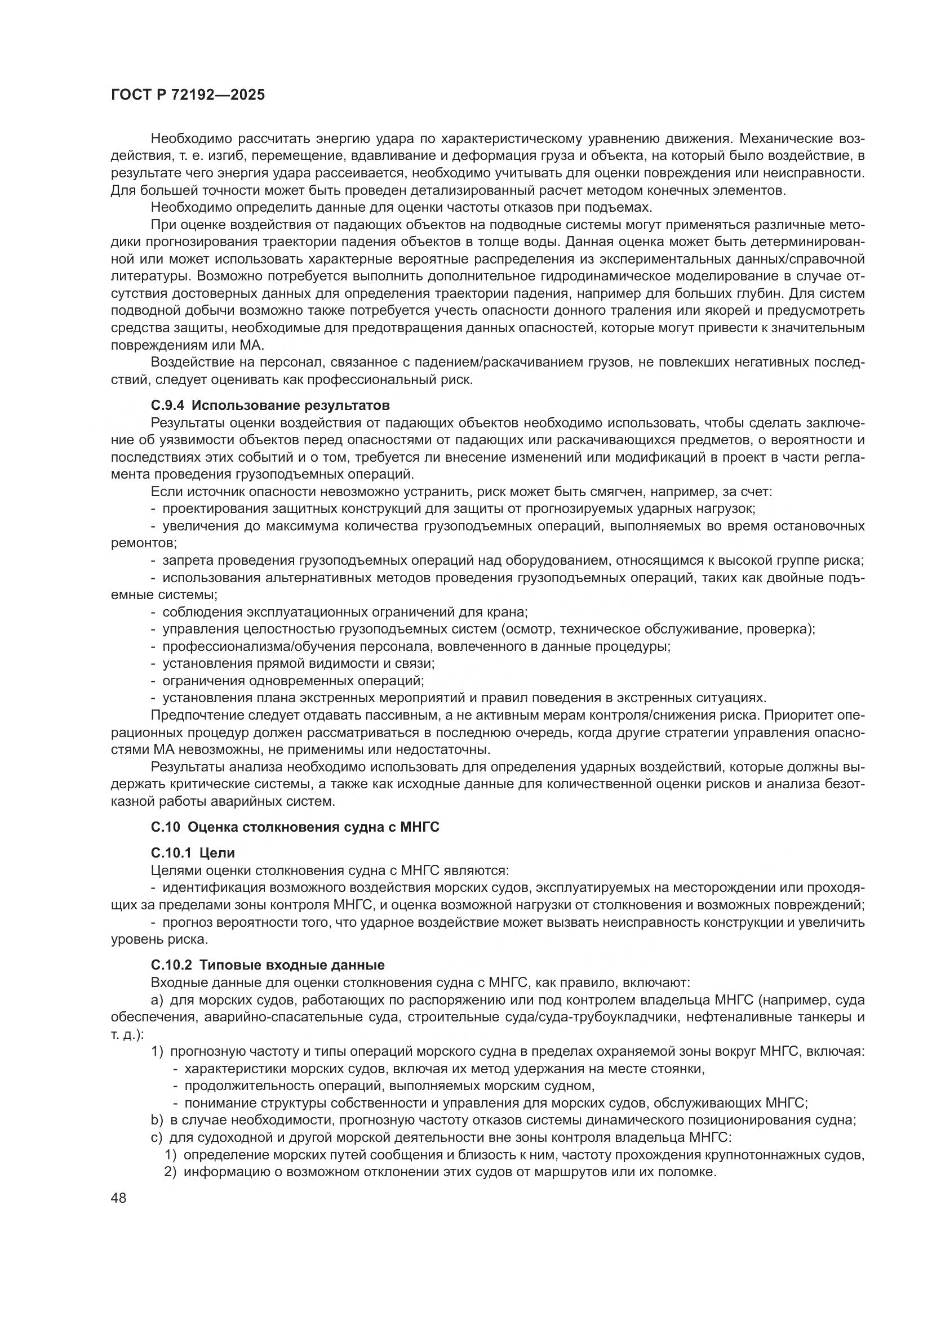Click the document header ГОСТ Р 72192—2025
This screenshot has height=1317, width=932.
(x=188, y=95)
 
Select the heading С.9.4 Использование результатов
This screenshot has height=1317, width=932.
(x=270, y=405)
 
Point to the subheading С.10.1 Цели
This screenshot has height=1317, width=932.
(x=193, y=853)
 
